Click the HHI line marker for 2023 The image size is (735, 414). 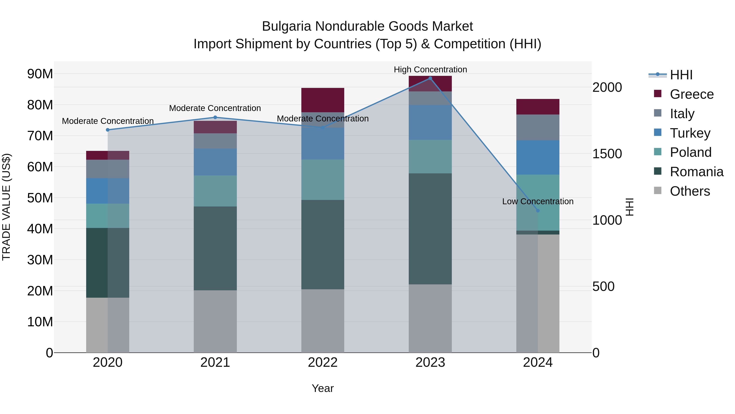click(430, 78)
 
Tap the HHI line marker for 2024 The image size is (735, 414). click(538, 211)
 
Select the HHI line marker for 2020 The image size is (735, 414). click(108, 130)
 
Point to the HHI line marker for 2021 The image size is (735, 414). click(215, 117)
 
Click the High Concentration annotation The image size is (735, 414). click(430, 70)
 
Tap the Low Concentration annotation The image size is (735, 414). click(538, 201)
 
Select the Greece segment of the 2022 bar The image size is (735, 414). click(323, 100)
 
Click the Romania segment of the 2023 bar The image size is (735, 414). click(430, 229)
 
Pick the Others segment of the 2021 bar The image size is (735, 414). click(215, 321)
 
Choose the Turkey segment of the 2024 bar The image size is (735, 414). click(538, 157)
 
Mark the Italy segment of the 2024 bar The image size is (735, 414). click(538, 127)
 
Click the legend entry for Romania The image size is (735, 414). click(696, 172)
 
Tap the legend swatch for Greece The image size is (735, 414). click(658, 94)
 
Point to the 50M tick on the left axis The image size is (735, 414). click(40, 198)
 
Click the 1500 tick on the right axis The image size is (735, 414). click(607, 154)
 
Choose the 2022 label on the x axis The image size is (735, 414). click(323, 362)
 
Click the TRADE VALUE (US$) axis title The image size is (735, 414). click(6, 207)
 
